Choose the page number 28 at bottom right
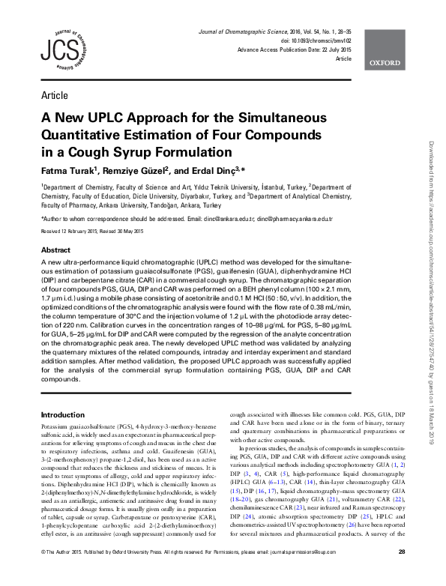(x=402, y=574)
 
